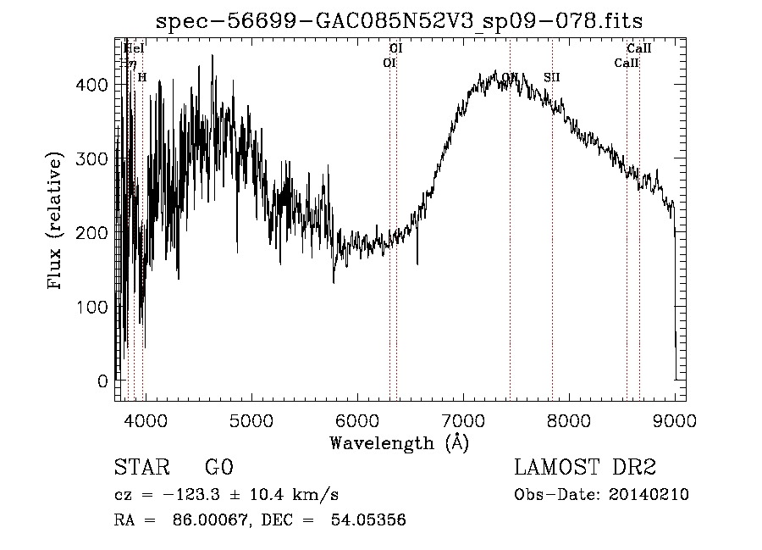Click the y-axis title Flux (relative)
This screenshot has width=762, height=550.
coord(57,221)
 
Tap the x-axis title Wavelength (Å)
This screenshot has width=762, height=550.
coord(399,442)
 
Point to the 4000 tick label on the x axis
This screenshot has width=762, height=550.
coord(145,419)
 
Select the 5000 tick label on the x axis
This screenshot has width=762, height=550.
coord(251,419)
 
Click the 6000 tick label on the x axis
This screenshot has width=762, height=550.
coord(356,419)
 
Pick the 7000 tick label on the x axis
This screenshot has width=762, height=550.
coord(462,419)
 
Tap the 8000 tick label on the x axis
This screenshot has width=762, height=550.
coord(568,419)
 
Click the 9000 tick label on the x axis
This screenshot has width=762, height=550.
coord(674,419)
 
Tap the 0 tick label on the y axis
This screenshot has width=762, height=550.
coord(102,381)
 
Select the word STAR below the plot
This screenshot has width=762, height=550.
coord(141,468)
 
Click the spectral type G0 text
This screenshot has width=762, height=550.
coord(218,468)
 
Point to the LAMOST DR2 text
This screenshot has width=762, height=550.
coord(585,468)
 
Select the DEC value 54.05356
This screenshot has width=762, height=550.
coord(370,520)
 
